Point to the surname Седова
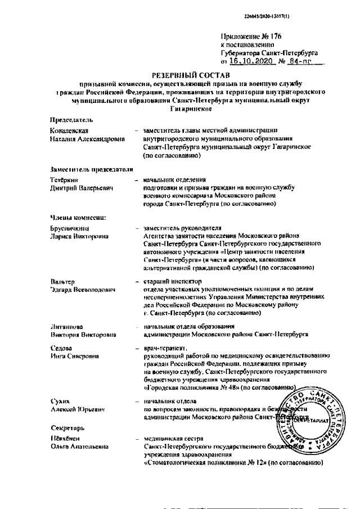pos(60,349)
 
